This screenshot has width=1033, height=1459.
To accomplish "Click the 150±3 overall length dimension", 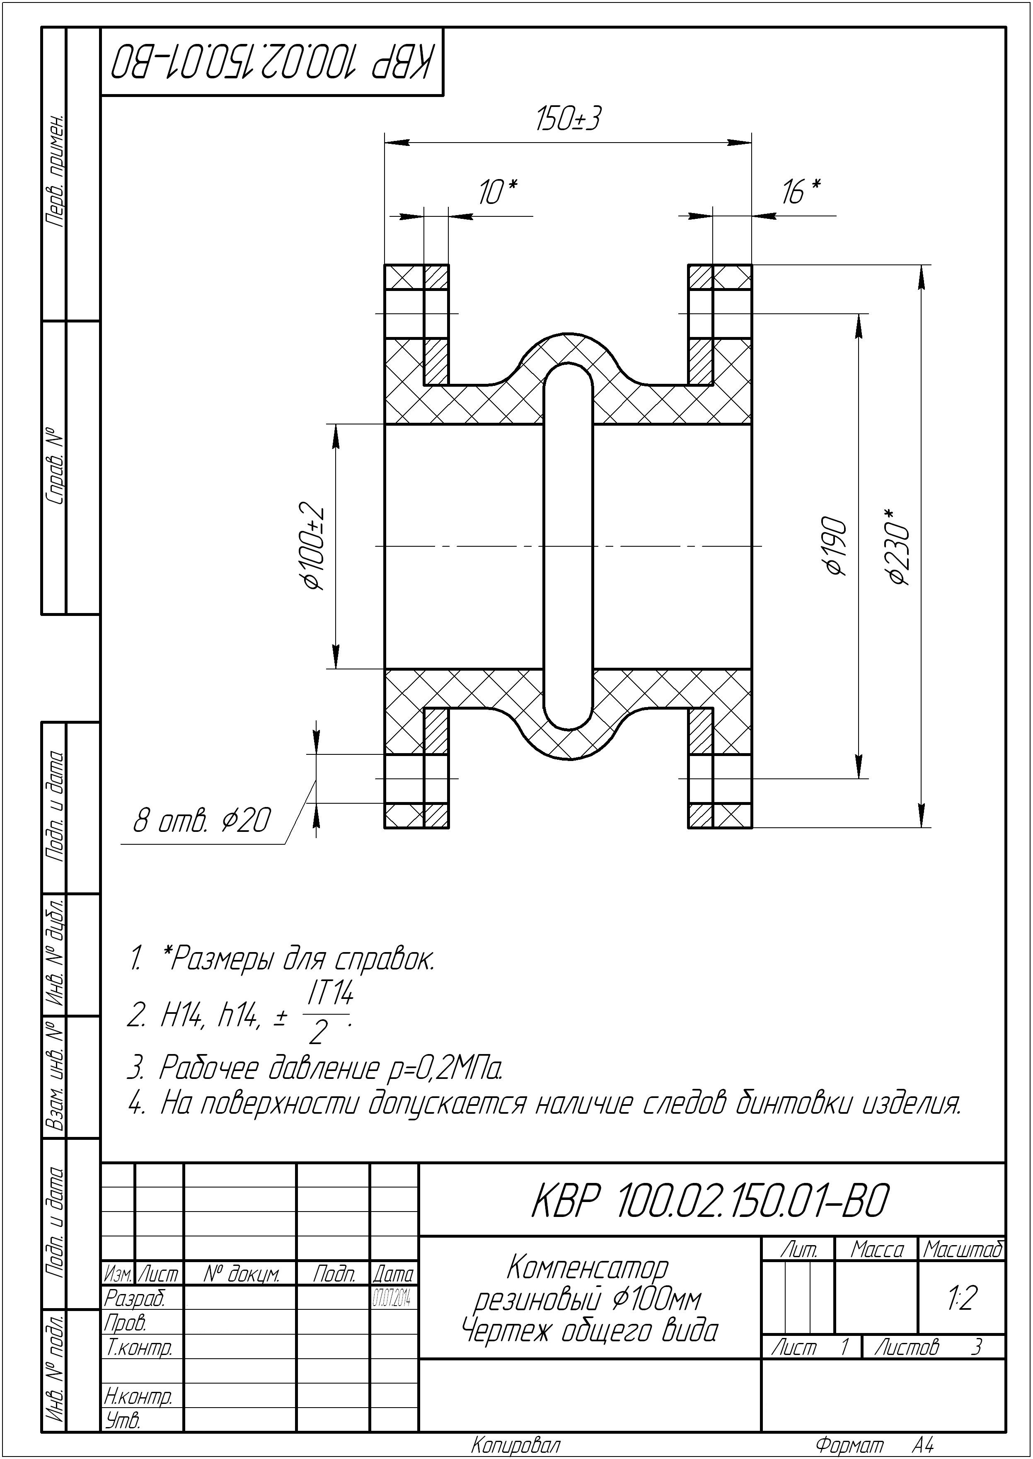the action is (568, 119).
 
